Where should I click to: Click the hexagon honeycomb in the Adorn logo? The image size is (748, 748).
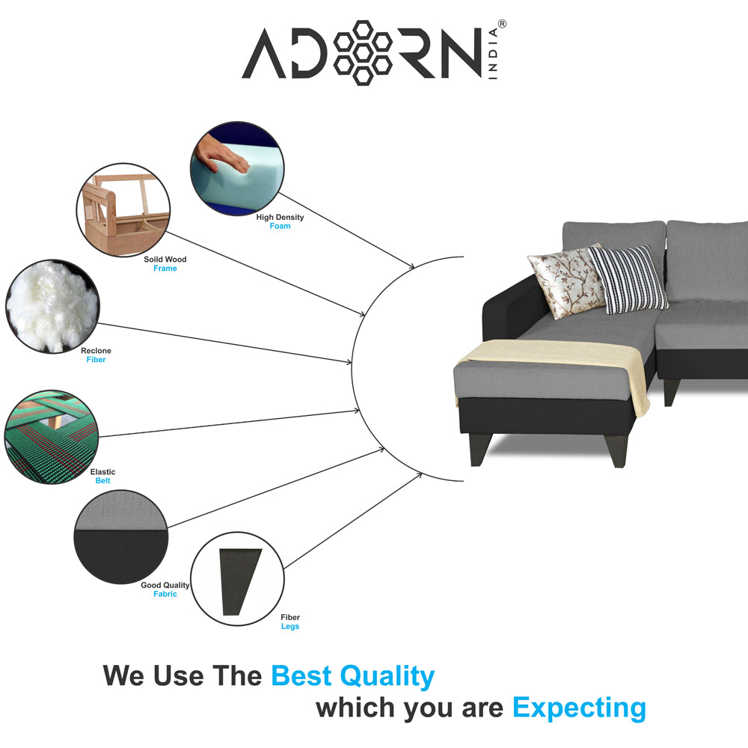pyautogui.click(x=363, y=53)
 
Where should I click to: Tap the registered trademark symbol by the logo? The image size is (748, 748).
pyautogui.click(x=502, y=24)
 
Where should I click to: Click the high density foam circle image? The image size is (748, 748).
pyautogui.click(x=237, y=168)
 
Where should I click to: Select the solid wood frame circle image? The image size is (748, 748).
pyautogui.click(x=123, y=210)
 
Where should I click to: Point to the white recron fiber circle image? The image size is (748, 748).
pyautogui.click(x=52, y=306)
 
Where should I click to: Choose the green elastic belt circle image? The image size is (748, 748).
pyautogui.click(x=52, y=437)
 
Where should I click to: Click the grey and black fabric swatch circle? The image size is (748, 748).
pyautogui.click(x=121, y=536)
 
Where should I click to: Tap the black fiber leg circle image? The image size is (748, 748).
pyautogui.click(x=238, y=579)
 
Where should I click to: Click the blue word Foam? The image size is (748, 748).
pyautogui.click(x=280, y=226)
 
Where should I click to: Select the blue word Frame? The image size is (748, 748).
pyautogui.click(x=165, y=269)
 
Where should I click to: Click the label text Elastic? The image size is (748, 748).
pyautogui.click(x=102, y=472)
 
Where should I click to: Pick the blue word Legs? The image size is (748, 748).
pyautogui.click(x=290, y=626)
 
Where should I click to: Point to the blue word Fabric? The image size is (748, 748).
pyautogui.click(x=165, y=594)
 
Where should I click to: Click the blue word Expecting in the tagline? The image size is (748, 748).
pyautogui.click(x=579, y=708)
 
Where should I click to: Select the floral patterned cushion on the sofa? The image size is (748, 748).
pyautogui.click(x=566, y=281)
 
